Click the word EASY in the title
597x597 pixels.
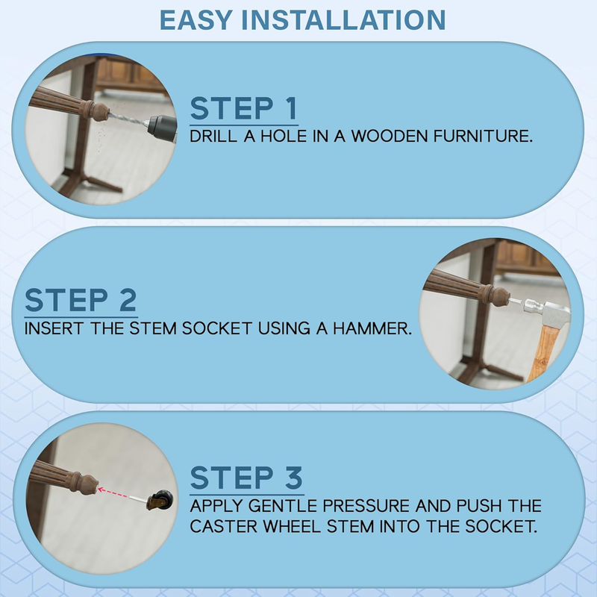point(196,20)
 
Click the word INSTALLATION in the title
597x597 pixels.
point(343,20)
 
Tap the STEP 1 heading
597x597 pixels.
point(244,108)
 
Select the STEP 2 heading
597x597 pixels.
point(81,300)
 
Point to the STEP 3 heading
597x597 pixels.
point(246,478)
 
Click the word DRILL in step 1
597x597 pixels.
point(213,137)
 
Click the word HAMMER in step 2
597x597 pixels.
point(372,328)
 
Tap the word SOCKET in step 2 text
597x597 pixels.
point(216,328)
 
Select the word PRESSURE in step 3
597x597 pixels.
point(366,506)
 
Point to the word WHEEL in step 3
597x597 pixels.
point(292,526)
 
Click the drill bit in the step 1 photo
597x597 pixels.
point(128,119)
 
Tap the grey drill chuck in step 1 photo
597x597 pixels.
point(162,126)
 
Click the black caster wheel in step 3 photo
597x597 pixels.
point(163,498)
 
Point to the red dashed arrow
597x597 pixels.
point(113,493)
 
